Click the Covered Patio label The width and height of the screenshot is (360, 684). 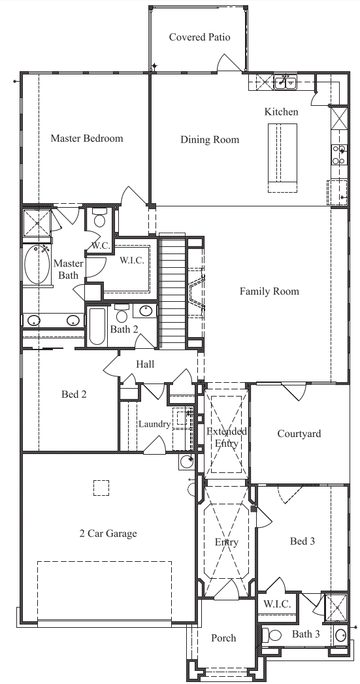[199, 37]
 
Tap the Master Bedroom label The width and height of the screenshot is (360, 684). [87, 138]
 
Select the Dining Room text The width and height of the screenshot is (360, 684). [210, 139]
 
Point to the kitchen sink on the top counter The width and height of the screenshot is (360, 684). [285, 82]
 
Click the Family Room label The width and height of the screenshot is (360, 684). [269, 291]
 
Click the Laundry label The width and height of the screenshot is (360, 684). [154, 424]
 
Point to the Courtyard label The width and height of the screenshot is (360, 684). [299, 434]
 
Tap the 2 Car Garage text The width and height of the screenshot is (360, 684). [108, 533]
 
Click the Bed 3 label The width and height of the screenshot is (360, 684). [303, 541]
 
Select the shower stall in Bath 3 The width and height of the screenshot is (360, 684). [337, 606]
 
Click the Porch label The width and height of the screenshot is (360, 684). [223, 638]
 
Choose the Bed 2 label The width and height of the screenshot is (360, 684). [74, 394]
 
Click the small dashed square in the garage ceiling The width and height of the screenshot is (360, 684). [101, 488]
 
